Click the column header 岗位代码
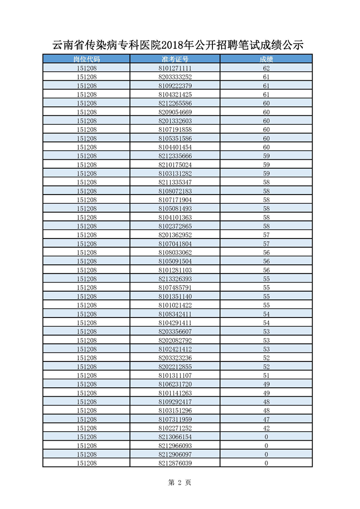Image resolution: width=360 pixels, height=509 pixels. (87, 59)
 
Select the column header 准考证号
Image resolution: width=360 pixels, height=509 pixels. (175, 59)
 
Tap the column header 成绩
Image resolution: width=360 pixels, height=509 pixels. (266, 59)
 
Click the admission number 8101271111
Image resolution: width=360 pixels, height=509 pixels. (175, 68)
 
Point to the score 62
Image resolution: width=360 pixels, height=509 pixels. (266, 68)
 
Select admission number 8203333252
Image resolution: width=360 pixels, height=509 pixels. (175, 77)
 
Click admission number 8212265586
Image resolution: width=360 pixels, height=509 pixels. (175, 103)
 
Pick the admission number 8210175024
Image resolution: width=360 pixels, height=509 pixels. (175, 165)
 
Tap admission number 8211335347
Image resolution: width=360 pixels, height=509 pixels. (175, 182)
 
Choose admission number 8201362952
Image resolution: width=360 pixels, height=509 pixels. (175, 235)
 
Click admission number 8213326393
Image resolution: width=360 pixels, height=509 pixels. (175, 279)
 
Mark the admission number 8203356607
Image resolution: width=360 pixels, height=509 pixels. (175, 332)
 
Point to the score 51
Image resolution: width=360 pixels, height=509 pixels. (266, 376)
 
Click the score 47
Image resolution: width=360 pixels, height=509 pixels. (266, 420)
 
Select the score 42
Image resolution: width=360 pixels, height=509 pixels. (266, 428)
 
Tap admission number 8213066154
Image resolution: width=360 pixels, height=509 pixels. (175, 437)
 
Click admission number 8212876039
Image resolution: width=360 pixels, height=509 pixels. (175, 463)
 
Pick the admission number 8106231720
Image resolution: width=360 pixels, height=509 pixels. (175, 384)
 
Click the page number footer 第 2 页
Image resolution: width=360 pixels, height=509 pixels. (179, 483)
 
